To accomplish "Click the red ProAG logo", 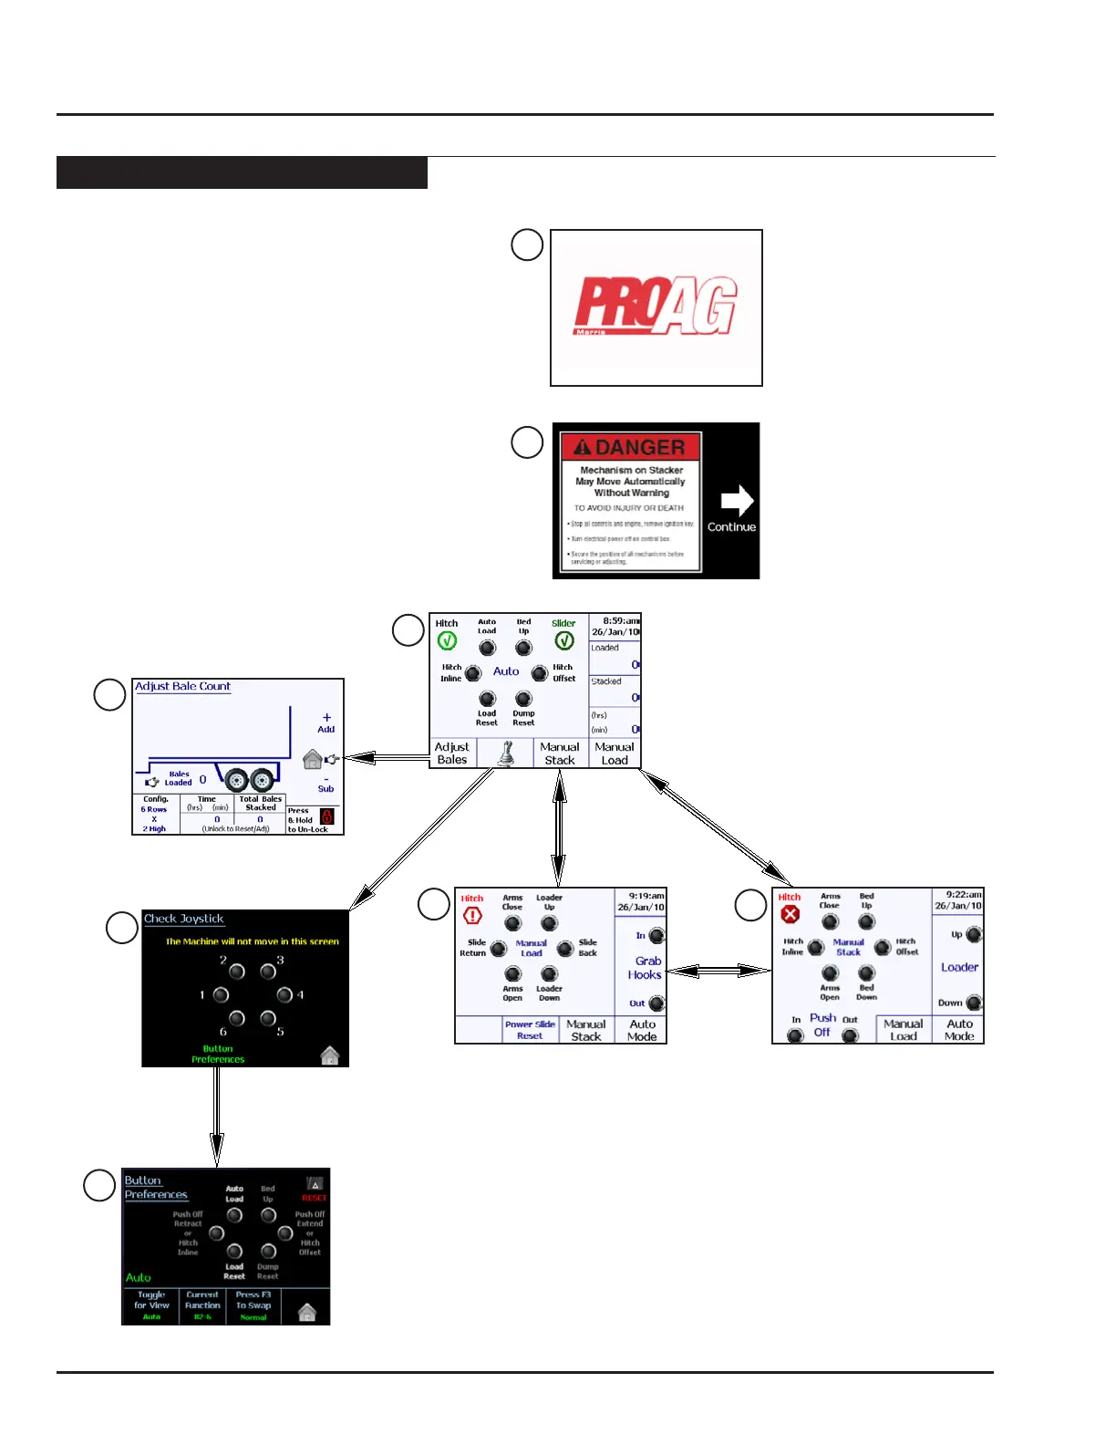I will [656, 306].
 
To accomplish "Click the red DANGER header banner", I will [631, 447].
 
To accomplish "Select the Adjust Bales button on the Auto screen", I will [452, 754].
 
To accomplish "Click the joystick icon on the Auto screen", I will [506, 754].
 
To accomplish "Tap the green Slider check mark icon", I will [564, 641].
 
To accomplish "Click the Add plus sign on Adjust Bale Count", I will [326, 718].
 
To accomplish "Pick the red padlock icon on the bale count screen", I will [327, 817].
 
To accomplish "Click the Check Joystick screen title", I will [184, 919].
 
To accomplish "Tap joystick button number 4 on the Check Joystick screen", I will [284, 994].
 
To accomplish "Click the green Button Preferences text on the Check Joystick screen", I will [218, 1055].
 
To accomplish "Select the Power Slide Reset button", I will [530, 1030].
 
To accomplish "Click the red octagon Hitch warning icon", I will [472, 916].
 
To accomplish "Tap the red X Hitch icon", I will [790, 914].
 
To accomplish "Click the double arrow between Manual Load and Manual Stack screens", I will [719, 971].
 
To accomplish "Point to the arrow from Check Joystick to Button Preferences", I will [217, 1117].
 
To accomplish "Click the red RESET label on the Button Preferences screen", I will [314, 1198].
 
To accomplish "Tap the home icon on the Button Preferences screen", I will [307, 1313].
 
